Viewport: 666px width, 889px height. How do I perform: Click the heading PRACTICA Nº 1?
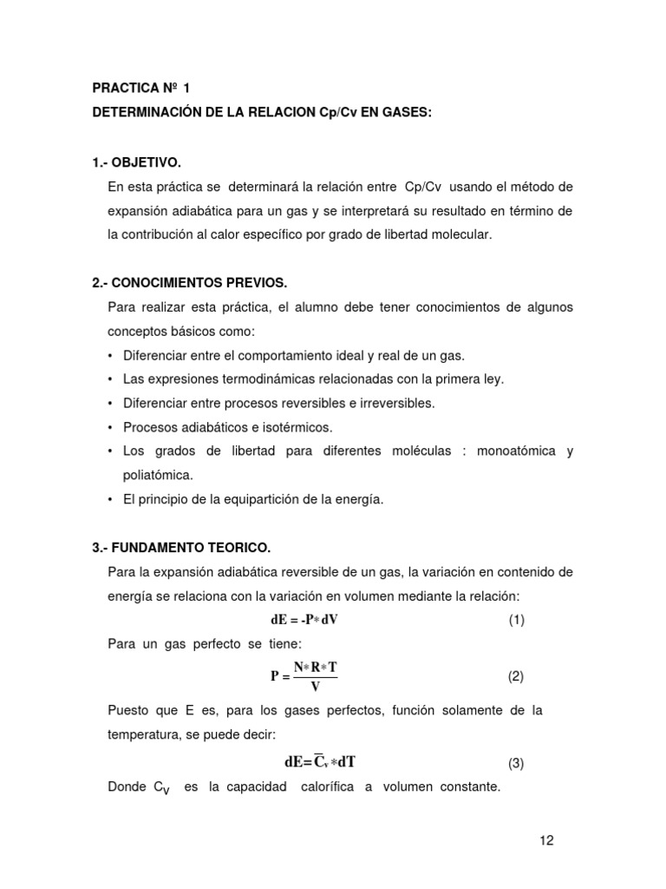click(140, 89)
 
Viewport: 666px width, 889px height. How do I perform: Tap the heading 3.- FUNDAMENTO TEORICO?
click(181, 548)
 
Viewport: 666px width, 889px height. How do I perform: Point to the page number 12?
click(545, 840)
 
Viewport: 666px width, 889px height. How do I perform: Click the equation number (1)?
click(517, 620)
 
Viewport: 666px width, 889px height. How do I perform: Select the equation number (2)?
click(517, 675)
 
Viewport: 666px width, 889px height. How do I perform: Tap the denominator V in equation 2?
click(315, 687)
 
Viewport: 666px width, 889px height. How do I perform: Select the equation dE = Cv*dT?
click(320, 762)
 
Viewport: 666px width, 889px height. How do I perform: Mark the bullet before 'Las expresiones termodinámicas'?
click(111, 379)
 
